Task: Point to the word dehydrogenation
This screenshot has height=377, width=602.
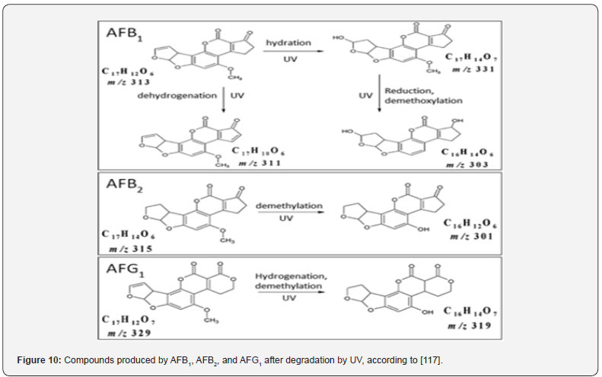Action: coord(171,97)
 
